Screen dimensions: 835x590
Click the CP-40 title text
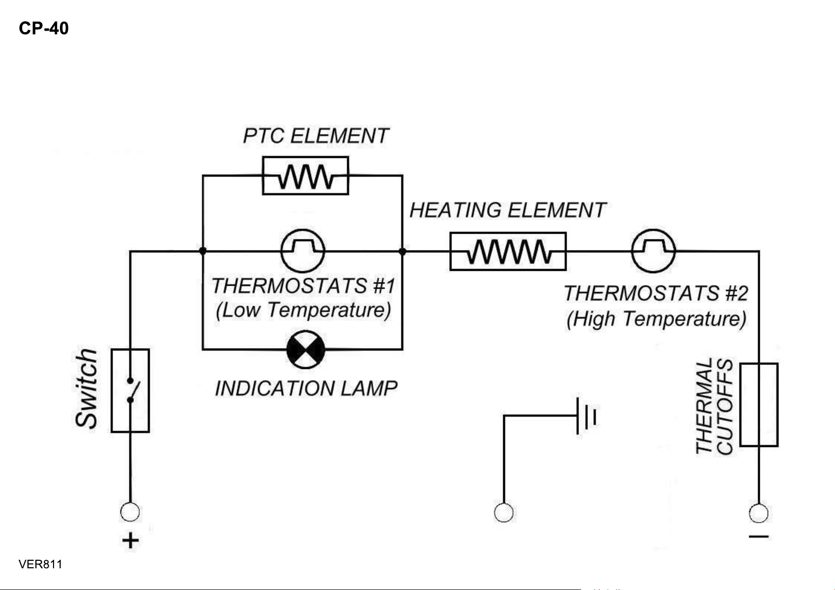tap(44, 28)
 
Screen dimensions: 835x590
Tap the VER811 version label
tap(40, 564)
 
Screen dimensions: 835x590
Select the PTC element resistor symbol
tap(306, 175)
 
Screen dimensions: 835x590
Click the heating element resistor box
tap(508, 251)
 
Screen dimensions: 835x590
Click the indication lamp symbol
tap(306, 349)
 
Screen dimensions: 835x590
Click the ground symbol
tap(586, 416)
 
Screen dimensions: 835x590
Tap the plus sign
tap(130, 541)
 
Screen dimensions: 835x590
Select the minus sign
tap(759, 537)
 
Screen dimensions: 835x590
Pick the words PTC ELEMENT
tap(316, 136)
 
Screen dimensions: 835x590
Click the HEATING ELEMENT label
tap(508, 210)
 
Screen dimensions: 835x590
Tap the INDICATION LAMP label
tap(306, 389)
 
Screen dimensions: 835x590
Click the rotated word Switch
tap(86, 389)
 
